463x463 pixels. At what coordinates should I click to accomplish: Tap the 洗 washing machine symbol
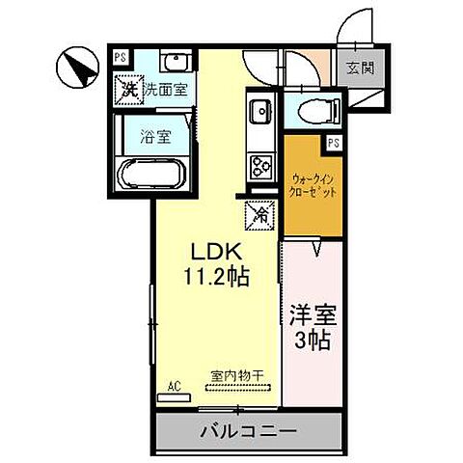(128, 90)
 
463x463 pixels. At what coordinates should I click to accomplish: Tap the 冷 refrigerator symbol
(259, 214)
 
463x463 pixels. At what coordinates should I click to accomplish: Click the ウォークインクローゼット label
(312, 185)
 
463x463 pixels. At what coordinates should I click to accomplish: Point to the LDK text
(212, 254)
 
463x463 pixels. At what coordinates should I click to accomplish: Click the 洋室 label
(311, 315)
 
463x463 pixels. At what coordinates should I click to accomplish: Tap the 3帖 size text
(311, 340)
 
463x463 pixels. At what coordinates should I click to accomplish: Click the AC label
(175, 387)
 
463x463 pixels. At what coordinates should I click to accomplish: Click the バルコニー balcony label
(248, 430)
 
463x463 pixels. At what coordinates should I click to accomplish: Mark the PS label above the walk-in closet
(332, 143)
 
